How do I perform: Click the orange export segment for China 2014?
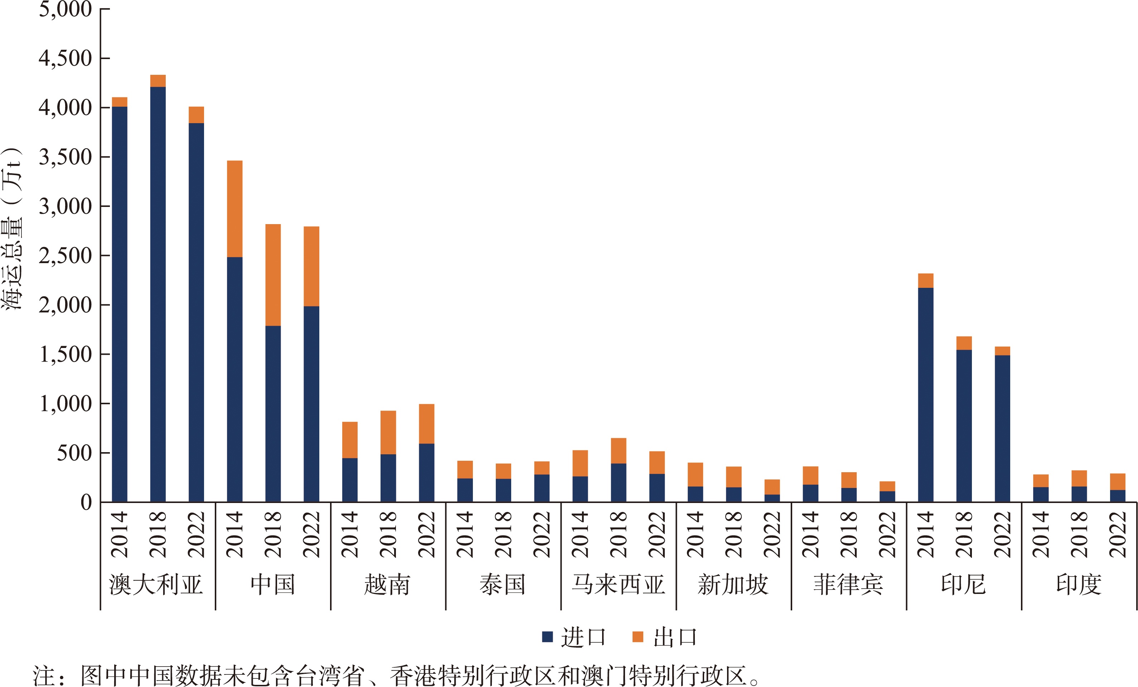coord(234,209)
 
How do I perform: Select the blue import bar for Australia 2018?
coord(158,294)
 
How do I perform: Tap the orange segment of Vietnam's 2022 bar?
coord(426,424)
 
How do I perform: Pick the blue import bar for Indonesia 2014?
coord(926,395)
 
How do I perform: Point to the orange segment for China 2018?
coord(273,275)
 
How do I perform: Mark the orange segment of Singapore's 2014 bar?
coord(695,474)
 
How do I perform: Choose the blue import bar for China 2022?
coord(311,404)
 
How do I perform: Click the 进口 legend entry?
coord(574,637)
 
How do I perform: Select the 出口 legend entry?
coord(665,637)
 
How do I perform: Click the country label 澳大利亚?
coord(156,585)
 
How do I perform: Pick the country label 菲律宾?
coord(848,585)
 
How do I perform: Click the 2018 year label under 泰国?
coord(503,534)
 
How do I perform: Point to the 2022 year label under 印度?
coord(1118,534)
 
